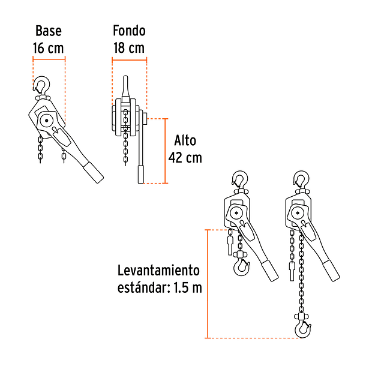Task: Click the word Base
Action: pyautogui.click(x=49, y=31)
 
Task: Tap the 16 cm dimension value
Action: pyautogui.click(x=49, y=48)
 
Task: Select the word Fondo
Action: pyautogui.click(x=130, y=31)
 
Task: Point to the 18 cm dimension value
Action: pyautogui.click(x=129, y=48)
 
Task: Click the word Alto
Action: pyautogui.click(x=185, y=140)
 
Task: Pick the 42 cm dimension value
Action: pyautogui.click(x=185, y=158)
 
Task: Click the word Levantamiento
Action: pyautogui.click(x=158, y=270)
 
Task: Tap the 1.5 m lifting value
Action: pyautogui.click(x=188, y=287)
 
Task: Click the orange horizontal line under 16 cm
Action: pyautogui.click(x=49, y=59)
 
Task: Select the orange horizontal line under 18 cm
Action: pyautogui.click(x=130, y=60)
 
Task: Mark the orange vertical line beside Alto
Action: pyautogui.click(x=166, y=151)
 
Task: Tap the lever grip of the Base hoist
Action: pyautogui.click(x=94, y=172)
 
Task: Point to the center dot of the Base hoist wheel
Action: pyautogui.click(x=47, y=121)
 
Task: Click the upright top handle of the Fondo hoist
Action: pyautogui.click(x=125, y=89)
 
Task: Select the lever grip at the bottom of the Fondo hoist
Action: pyautogui.click(x=141, y=175)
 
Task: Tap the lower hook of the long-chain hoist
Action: pyautogui.click(x=303, y=329)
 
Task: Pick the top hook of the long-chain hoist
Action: pyautogui.click(x=302, y=179)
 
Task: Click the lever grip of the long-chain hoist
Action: pyautogui.click(x=331, y=271)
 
